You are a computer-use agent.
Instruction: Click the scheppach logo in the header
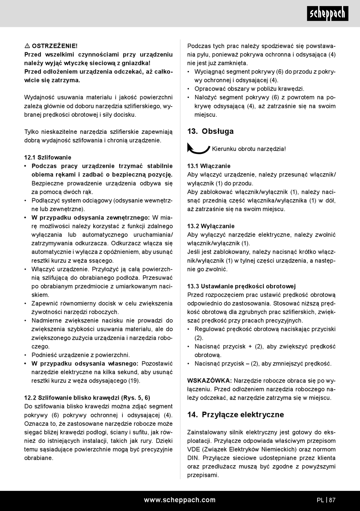point(327,14)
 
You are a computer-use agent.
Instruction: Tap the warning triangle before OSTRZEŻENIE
point(27,46)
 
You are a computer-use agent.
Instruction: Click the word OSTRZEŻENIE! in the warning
point(55,46)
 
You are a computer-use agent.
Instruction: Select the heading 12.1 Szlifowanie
point(47,157)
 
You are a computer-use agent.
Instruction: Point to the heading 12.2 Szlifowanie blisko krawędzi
point(87,398)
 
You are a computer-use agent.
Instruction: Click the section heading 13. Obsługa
point(210,132)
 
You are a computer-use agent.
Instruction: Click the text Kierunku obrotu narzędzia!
point(249,149)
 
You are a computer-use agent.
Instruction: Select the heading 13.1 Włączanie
point(209,166)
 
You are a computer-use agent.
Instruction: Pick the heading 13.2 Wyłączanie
point(211,226)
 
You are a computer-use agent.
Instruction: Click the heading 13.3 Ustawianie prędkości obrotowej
point(241,286)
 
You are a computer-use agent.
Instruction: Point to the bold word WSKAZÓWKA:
point(210,381)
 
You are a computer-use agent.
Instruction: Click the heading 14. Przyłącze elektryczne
point(235,415)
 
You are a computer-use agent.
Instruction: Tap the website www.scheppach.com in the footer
point(180,500)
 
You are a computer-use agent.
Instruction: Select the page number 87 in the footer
point(332,500)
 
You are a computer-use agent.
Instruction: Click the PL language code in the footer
point(320,500)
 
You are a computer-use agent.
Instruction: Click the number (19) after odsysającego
point(134,381)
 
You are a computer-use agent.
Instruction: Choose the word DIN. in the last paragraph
point(193,458)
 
